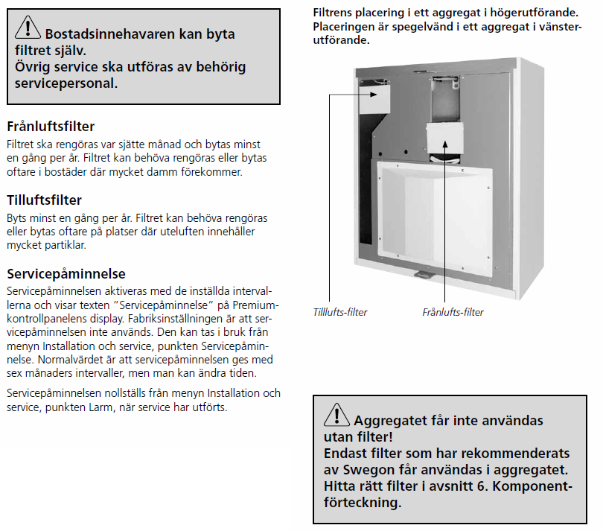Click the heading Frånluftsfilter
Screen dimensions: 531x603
[x=51, y=127]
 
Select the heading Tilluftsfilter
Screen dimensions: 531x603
[x=44, y=200]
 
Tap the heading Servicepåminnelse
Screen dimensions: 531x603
[x=66, y=273]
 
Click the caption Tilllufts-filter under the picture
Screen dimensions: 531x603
[x=340, y=312]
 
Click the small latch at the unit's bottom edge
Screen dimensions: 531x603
[x=421, y=274]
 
